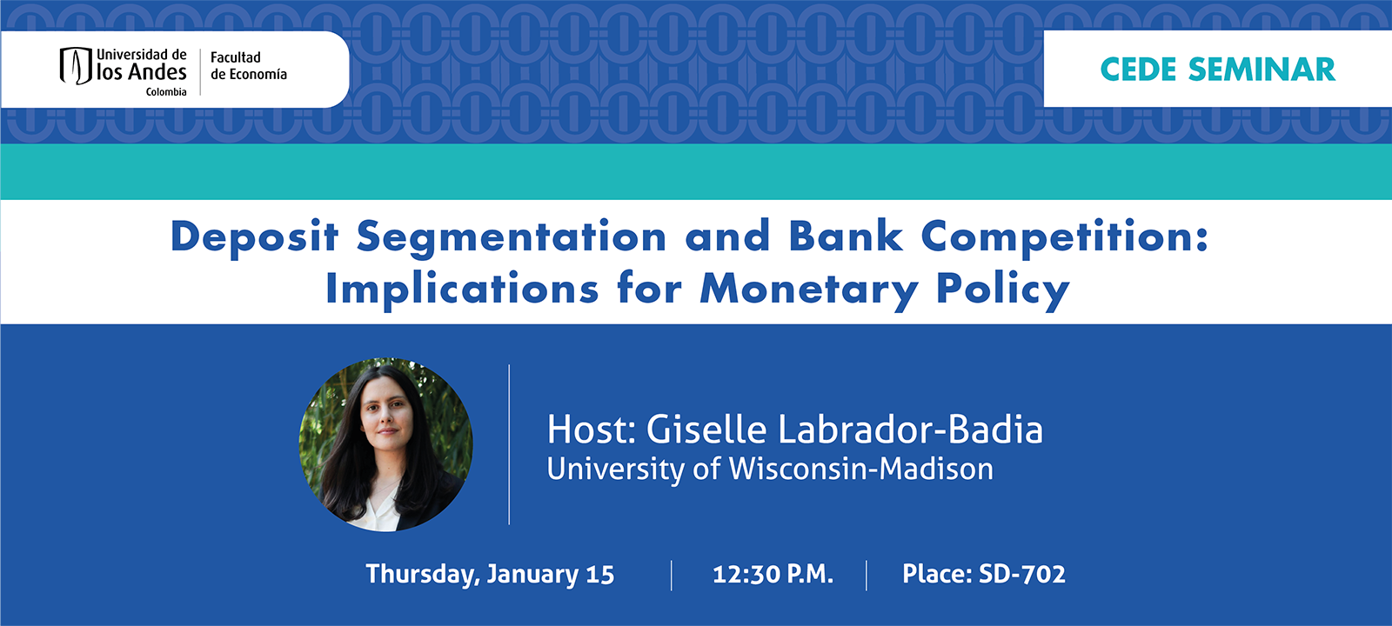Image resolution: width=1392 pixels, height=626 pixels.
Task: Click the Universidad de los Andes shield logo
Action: pyautogui.click(x=76, y=66)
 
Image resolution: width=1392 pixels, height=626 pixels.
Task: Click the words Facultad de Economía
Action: pyautogui.click(x=248, y=66)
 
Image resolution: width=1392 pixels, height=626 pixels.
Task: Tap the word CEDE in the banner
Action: pyautogui.click(x=1138, y=70)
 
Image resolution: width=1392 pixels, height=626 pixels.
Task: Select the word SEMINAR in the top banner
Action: pyautogui.click(x=1261, y=70)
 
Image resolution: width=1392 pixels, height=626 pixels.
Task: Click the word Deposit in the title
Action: pyautogui.click(x=254, y=236)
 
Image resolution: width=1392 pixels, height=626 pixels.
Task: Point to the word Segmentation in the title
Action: pyautogui.click(x=512, y=236)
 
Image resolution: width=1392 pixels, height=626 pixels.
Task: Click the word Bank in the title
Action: pyautogui.click(x=846, y=236)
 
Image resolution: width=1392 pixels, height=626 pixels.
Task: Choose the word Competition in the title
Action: pyautogui.click(x=1064, y=236)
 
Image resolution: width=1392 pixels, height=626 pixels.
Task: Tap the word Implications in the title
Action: pyautogui.click(x=462, y=289)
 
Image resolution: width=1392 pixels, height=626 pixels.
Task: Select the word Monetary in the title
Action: pyautogui.click(x=809, y=289)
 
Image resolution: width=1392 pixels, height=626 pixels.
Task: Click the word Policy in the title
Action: pyautogui.click(x=1002, y=289)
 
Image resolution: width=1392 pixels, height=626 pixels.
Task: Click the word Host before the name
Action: pyautogui.click(x=592, y=430)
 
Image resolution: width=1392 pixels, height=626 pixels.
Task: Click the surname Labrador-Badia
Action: pyautogui.click(x=910, y=430)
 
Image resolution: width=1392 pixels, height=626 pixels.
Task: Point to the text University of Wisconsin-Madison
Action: pyautogui.click(x=770, y=469)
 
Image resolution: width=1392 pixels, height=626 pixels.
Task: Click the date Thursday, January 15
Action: pyautogui.click(x=490, y=575)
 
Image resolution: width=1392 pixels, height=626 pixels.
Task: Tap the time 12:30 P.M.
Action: pyautogui.click(x=773, y=575)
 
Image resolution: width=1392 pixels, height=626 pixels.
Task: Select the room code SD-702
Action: pyautogui.click(x=1022, y=575)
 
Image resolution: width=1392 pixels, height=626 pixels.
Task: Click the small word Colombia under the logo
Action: pyautogui.click(x=166, y=92)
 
